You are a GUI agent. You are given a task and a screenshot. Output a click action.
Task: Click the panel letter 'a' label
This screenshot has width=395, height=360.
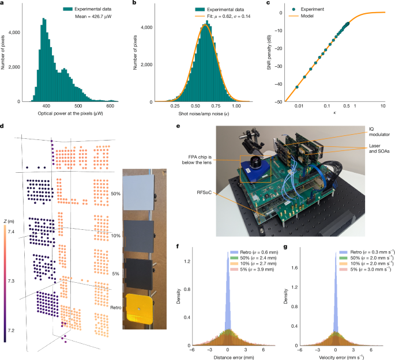(3, 3)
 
